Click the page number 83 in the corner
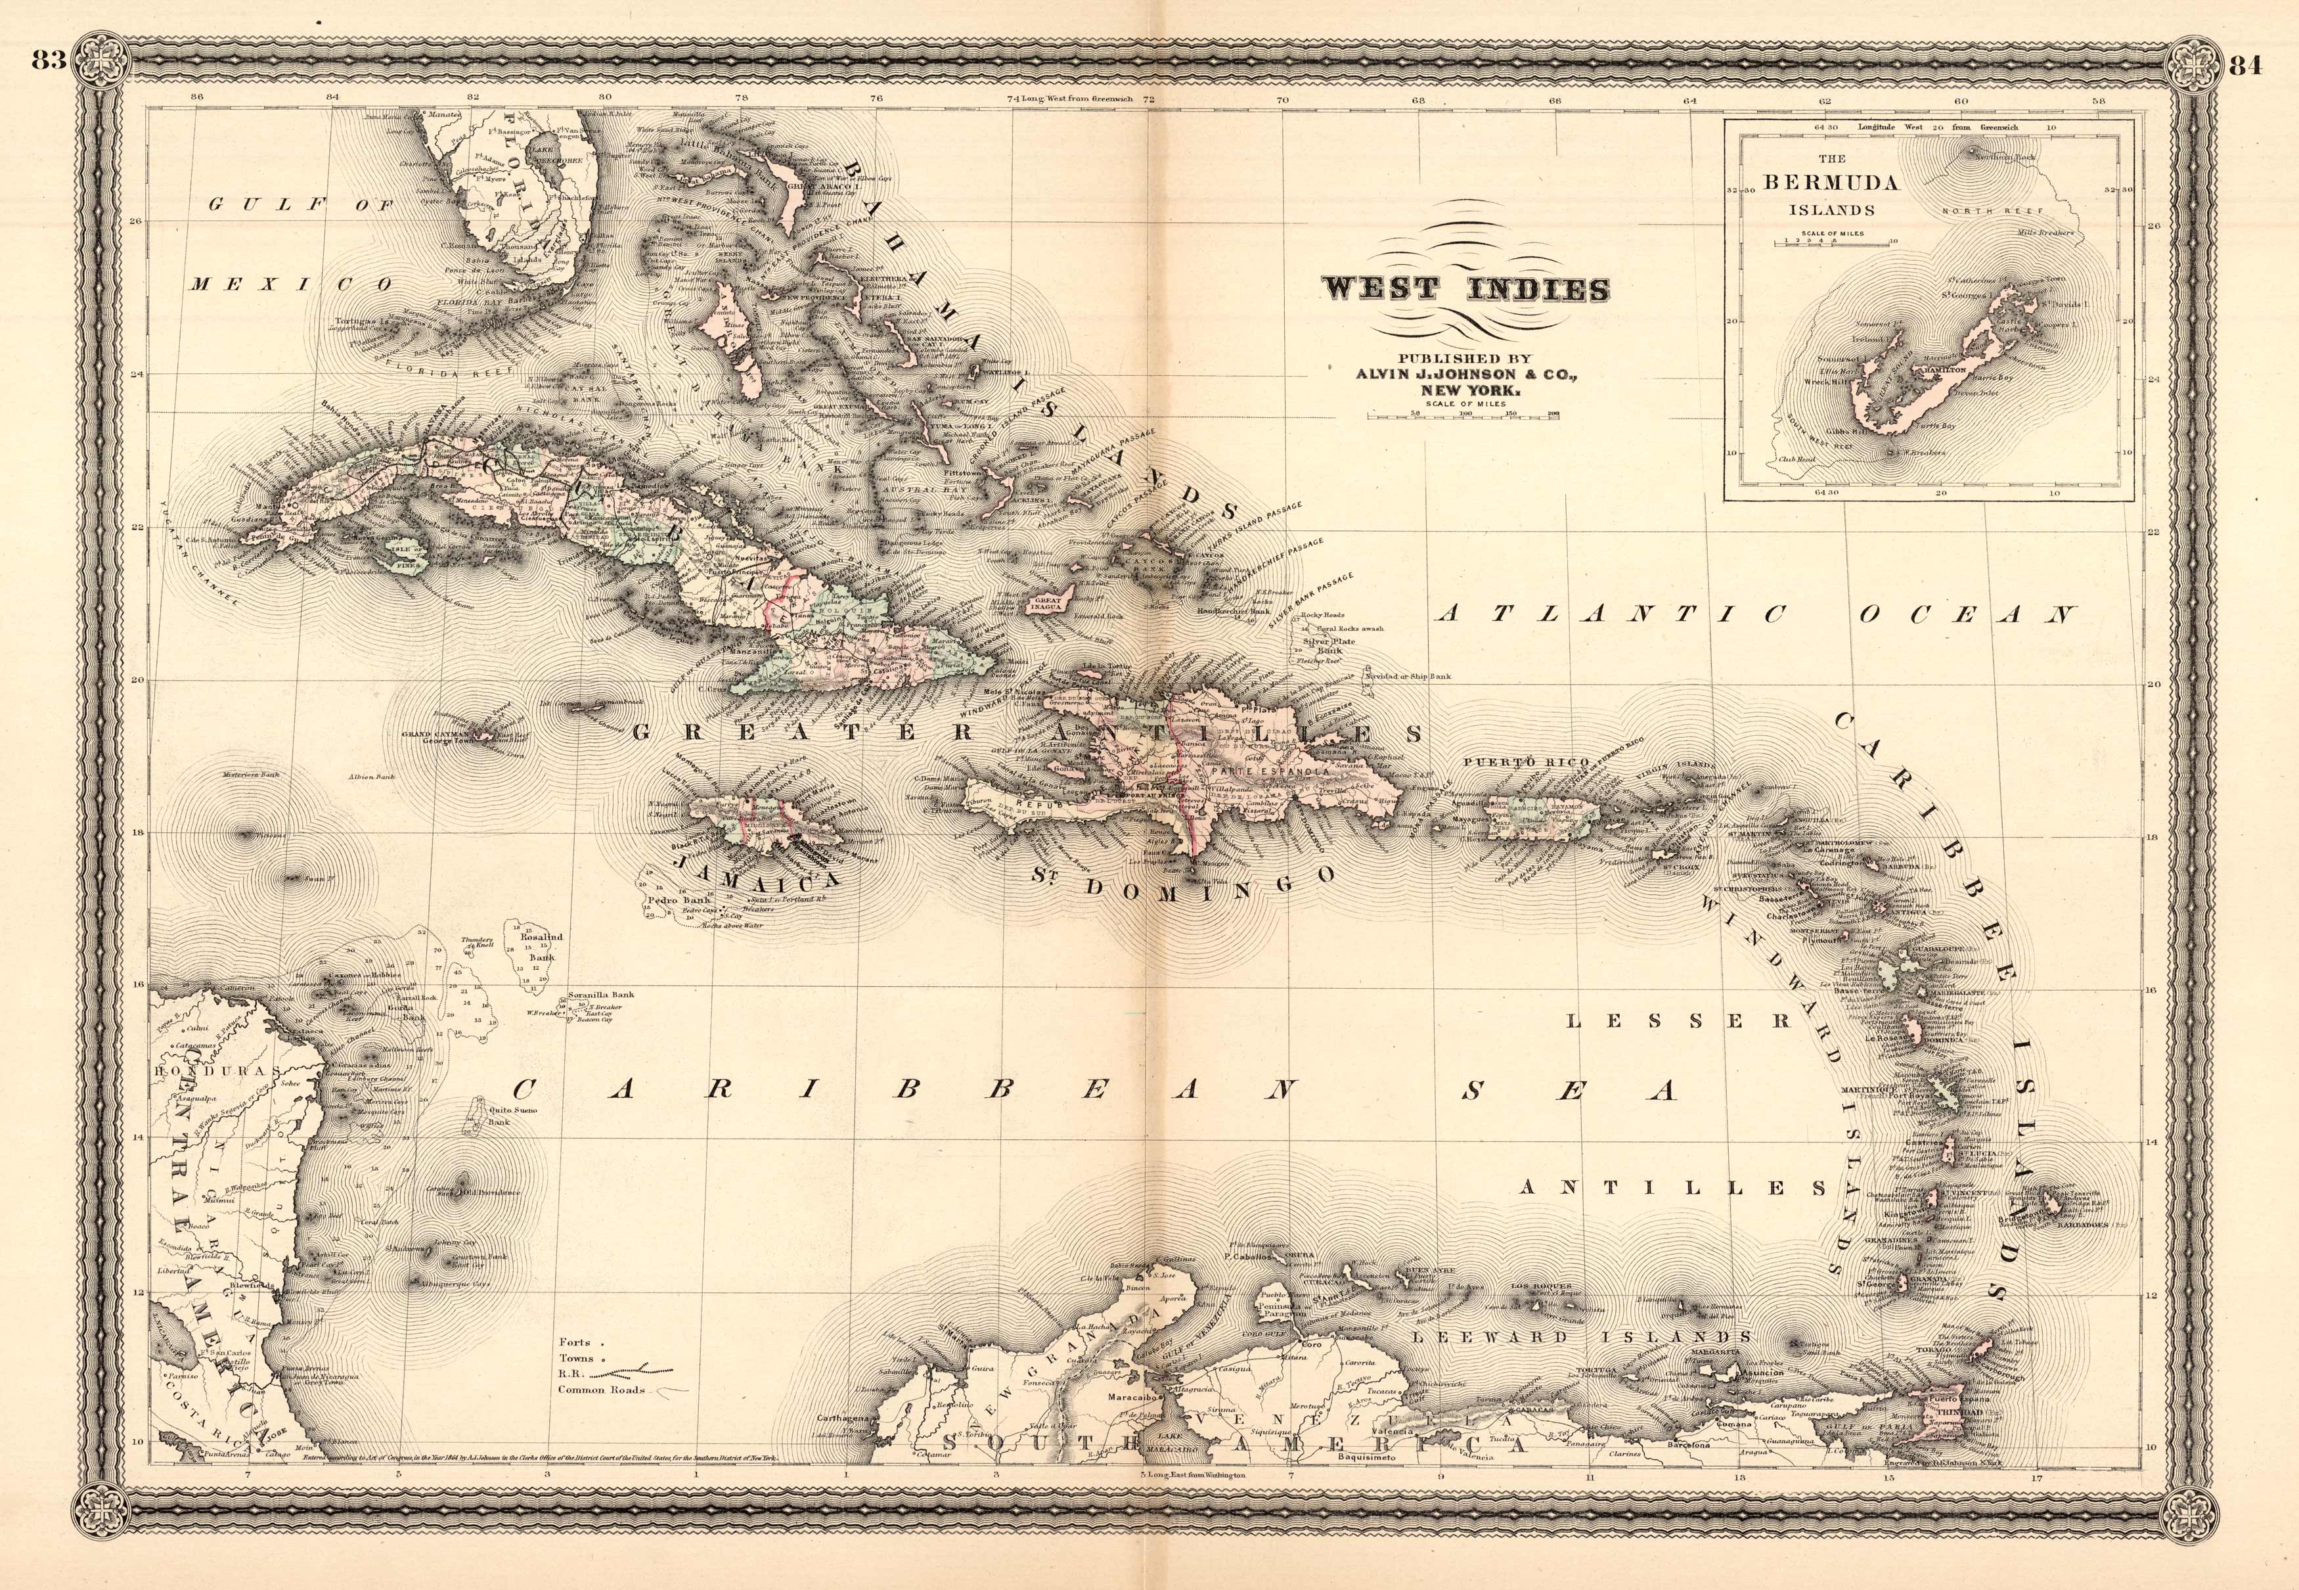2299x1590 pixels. coord(48,62)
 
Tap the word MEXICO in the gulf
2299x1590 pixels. coord(291,284)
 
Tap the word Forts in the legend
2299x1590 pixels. coord(575,1342)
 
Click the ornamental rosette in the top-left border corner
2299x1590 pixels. coord(100,58)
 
